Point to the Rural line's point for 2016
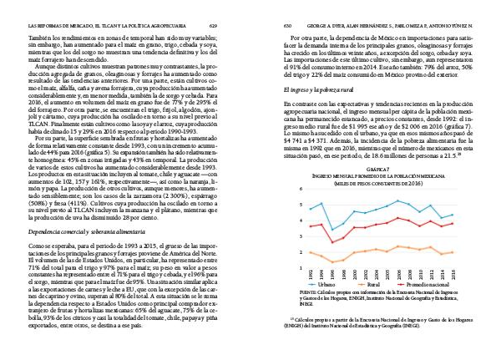click(453, 251)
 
